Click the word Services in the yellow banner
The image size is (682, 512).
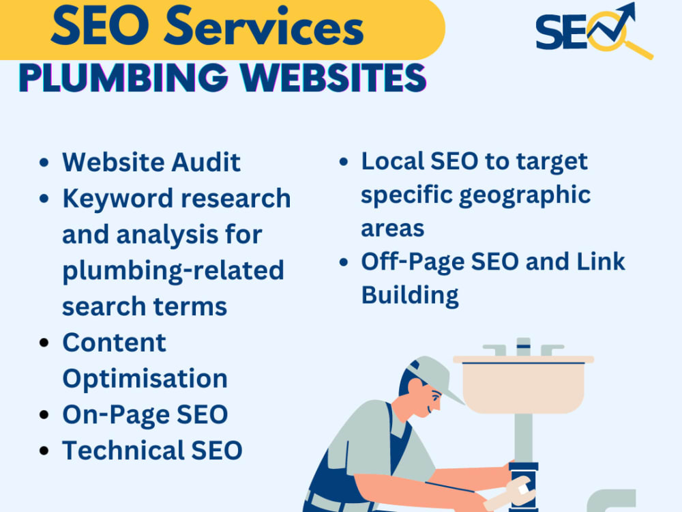pyautogui.click(x=263, y=26)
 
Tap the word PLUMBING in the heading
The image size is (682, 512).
pyautogui.click(x=123, y=78)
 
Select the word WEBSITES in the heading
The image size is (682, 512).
pyautogui.click(x=333, y=78)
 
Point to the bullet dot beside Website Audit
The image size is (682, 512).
pyautogui.click(x=44, y=163)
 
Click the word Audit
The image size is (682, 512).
pyautogui.click(x=206, y=162)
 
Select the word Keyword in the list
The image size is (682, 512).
pyautogui.click(x=117, y=199)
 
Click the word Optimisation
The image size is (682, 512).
pyautogui.click(x=145, y=379)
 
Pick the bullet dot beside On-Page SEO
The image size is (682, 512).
pyautogui.click(x=44, y=414)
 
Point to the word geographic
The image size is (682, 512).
pyautogui.click(x=525, y=196)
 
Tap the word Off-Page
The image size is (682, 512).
pyautogui.click(x=413, y=262)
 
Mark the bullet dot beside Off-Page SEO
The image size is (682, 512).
pyautogui.click(x=344, y=263)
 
